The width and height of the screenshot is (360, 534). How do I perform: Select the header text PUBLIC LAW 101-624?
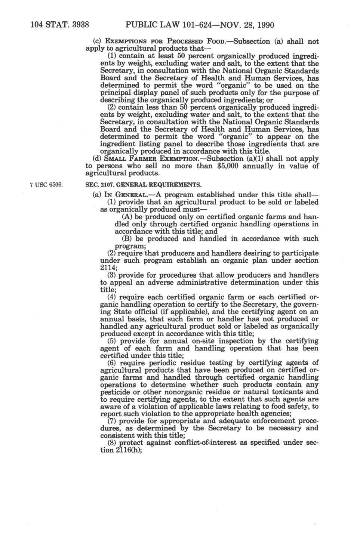pos(164,25)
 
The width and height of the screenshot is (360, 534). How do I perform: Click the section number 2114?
pos(109,268)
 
